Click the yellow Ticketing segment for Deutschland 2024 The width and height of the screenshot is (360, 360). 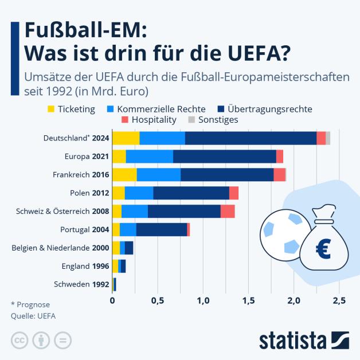[x=126, y=138]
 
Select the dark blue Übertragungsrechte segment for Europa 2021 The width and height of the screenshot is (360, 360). [x=224, y=156]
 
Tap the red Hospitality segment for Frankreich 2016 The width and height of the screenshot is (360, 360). [x=279, y=174]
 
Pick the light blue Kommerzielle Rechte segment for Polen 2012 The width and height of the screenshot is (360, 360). [x=139, y=193]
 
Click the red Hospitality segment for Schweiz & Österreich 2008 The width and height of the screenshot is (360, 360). [x=228, y=211]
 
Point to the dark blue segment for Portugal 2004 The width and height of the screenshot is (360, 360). [x=161, y=229]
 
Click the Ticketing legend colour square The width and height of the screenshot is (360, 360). [x=51, y=108]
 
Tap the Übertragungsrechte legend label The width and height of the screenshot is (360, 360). [x=269, y=108]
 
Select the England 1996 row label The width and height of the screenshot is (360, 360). [x=85, y=266]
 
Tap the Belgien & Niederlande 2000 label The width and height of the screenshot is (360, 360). [x=60, y=248]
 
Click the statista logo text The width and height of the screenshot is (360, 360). [x=292, y=339]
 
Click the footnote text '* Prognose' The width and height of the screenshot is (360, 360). [x=30, y=304]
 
